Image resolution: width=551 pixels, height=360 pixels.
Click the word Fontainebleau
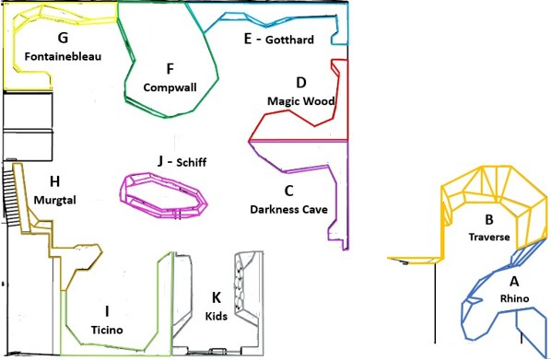coord(63,56)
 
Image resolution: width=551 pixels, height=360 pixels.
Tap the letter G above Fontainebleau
coord(63,38)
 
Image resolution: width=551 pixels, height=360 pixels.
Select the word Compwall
coord(170,87)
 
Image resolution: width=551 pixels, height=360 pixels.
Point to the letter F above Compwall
coord(170,69)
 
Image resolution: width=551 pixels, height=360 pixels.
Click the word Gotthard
coord(289,40)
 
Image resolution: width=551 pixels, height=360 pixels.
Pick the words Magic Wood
coord(300,101)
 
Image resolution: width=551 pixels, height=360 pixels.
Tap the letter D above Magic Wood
coord(301,83)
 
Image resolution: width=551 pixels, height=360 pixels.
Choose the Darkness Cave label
coord(288,210)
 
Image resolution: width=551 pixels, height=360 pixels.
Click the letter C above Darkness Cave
coord(288,192)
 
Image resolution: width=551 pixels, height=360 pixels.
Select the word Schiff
coord(191,162)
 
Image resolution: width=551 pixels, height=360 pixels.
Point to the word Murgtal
coord(54,200)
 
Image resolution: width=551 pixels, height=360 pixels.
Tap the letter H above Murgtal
coord(54,181)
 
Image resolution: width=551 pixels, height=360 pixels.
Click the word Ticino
coord(107,330)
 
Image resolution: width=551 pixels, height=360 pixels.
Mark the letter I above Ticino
coord(107,311)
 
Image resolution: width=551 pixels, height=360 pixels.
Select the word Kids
coord(217,316)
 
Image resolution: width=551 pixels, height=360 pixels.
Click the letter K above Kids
coord(217,297)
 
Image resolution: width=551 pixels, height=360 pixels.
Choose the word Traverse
coord(489,237)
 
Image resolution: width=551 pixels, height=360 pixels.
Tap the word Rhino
coord(514,298)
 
